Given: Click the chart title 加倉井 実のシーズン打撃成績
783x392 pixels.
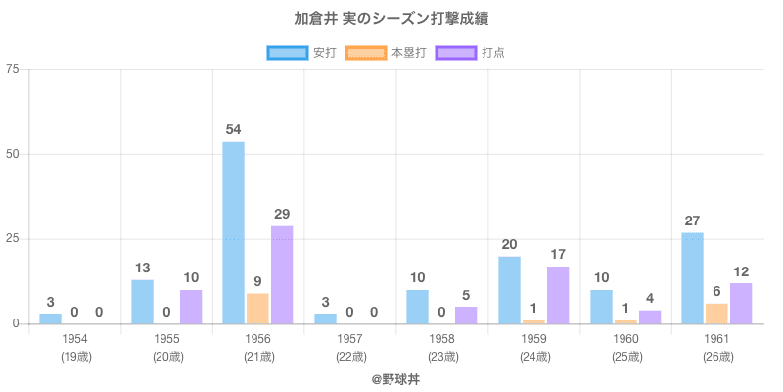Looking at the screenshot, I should coord(391,20).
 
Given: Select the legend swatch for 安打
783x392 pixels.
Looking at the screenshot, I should coord(287,52).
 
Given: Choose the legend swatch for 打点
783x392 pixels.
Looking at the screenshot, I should coord(456,52).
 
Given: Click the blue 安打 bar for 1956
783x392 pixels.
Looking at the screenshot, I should coord(233,233).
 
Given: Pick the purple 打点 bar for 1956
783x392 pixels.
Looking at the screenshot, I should coord(282,274).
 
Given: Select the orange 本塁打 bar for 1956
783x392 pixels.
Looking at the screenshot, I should coord(257,308).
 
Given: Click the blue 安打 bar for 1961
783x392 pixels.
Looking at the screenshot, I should coord(692,277).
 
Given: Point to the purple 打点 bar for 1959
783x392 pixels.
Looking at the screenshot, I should coord(558,295).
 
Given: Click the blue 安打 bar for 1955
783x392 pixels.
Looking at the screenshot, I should coord(142,302).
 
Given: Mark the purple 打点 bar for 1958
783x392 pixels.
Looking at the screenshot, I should coord(466,315).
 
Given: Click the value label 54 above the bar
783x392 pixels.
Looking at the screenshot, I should coord(233,129).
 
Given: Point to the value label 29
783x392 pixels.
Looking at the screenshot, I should coord(282,214).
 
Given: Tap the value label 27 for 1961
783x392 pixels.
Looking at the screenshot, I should coord(692,220).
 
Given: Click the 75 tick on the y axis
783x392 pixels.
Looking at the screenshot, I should coord(12,70).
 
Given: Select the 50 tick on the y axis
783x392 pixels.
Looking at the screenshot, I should coord(12,154).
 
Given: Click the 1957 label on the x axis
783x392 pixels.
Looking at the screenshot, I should coord(348,339).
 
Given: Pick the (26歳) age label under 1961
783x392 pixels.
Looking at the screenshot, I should coord(716,357).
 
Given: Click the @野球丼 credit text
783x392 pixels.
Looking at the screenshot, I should coord(391,377).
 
